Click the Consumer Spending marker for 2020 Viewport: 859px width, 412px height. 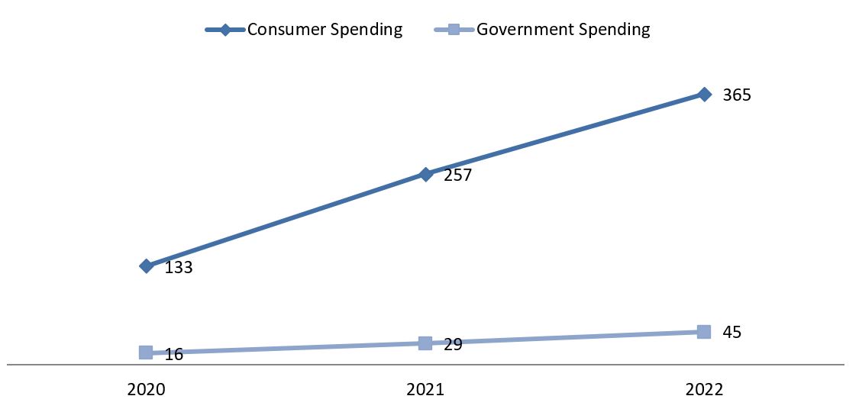(146, 266)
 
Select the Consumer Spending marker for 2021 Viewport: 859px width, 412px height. (425, 174)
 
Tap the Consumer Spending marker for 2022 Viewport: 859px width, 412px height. (704, 95)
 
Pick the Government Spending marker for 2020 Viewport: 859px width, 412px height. (146, 352)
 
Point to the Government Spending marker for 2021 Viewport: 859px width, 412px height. (425, 343)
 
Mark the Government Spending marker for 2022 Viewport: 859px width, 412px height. (704, 331)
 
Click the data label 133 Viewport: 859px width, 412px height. (179, 268)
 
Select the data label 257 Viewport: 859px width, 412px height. (458, 175)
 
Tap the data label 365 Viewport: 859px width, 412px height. (737, 96)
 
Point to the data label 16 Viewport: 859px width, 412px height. (174, 354)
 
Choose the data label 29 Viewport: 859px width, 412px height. (453, 345)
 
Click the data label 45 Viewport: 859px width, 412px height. (732, 333)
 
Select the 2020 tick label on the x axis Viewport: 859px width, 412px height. (146, 389)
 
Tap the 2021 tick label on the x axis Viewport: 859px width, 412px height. (425, 389)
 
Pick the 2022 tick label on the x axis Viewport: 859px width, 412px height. (704, 389)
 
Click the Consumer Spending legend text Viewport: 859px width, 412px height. (325, 30)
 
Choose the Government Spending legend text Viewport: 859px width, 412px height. (564, 30)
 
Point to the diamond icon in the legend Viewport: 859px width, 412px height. (225, 30)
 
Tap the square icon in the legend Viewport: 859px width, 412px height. (454, 30)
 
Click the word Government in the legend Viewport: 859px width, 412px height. (525, 30)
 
